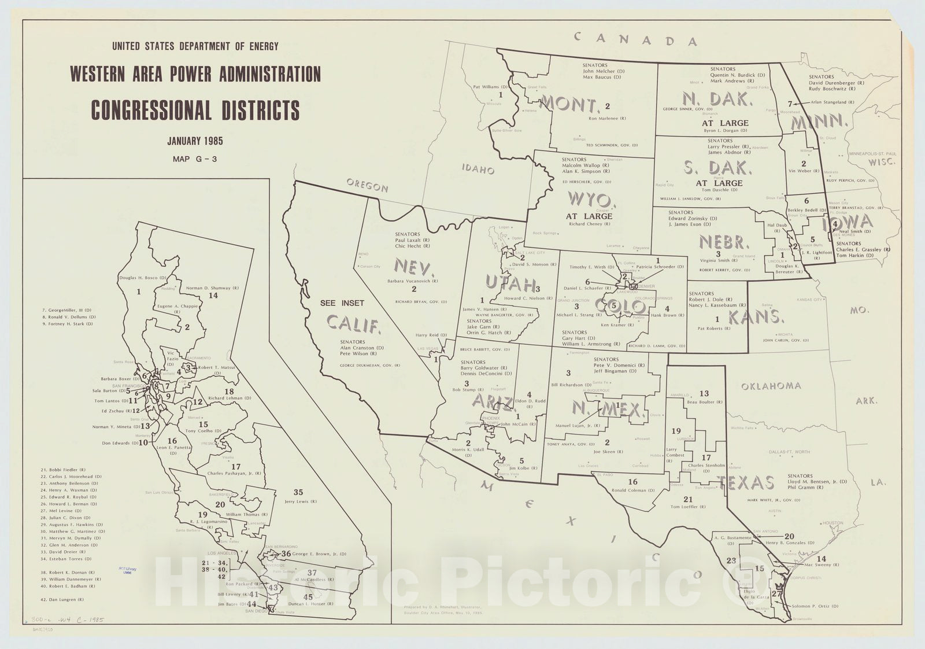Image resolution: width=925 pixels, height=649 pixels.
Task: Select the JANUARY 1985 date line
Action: tap(195, 141)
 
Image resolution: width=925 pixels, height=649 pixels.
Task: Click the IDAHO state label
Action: tap(478, 169)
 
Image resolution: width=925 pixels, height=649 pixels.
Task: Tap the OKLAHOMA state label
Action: tap(771, 386)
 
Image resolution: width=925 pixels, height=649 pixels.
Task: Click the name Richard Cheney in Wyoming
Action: tap(589, 224)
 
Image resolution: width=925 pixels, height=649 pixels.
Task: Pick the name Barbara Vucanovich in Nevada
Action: tap(413, 281)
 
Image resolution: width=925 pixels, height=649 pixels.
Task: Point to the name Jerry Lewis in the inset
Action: tap(298, 502)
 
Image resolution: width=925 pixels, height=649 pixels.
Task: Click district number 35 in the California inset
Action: tap(298, 492)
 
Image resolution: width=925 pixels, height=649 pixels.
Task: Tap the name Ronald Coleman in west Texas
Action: tap(633, 490)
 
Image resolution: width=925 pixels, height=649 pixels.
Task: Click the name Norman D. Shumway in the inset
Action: tap(208, 287)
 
